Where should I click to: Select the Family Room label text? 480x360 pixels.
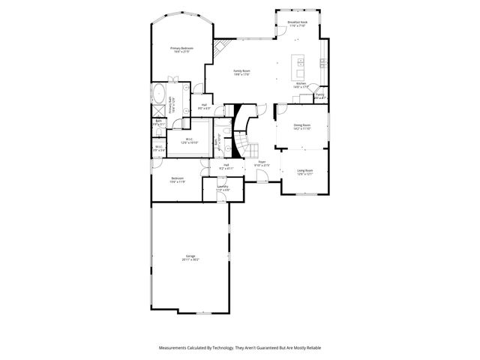(240, 72)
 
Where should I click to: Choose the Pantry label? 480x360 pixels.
(319, 96)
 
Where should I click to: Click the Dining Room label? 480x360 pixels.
(301, 127)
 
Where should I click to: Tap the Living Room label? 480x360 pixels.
(304, 172)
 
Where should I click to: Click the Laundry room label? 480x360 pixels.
(223, 188)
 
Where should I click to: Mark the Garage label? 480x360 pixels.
(190, 257)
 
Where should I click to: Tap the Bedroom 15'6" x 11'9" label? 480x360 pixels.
(177, 180)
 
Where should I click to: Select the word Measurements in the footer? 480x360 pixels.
(175, 348)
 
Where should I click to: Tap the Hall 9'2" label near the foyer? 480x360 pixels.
(226, 166)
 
